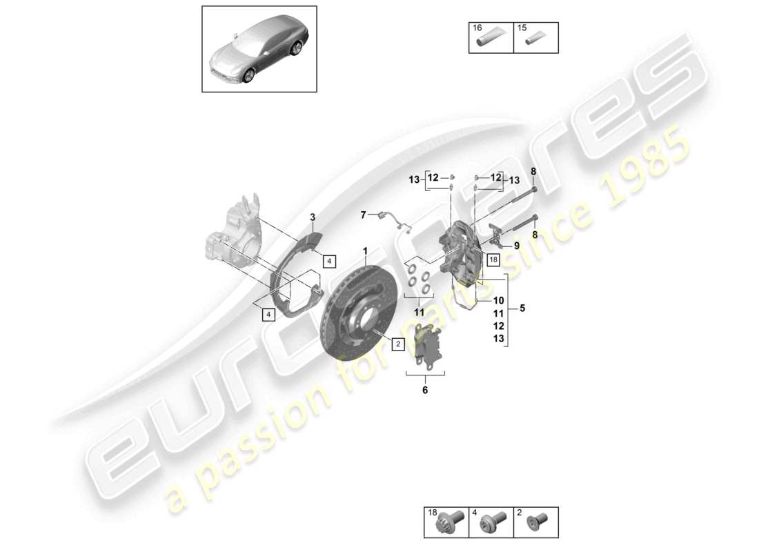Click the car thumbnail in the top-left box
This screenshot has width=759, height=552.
(x=259, y=48)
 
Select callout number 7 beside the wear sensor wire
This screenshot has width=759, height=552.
(x=364, y=215)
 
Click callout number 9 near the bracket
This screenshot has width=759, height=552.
(x=515, y=246)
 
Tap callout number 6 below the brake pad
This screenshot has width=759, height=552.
(x=425, y=391)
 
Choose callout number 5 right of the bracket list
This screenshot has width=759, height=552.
(x=522, y=309)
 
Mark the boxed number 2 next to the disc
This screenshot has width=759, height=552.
(x=398, y=344)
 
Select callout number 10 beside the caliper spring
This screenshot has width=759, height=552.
(x=499, y=301)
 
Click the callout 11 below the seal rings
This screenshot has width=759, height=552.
(x=420, y=312)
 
